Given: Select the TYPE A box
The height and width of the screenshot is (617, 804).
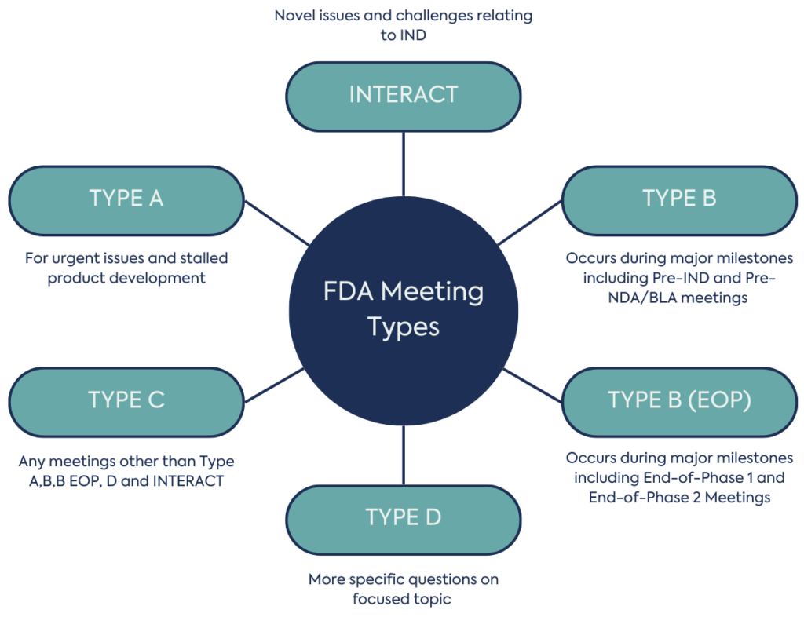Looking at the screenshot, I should coord(126,199).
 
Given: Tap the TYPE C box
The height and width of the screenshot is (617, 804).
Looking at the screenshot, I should coord(126,401).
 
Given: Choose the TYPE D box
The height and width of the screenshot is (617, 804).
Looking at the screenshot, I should coord(403,519).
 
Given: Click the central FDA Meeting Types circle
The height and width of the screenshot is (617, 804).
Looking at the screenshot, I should coord(403,310).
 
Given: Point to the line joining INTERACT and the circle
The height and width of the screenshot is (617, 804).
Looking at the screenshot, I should coord(403,163).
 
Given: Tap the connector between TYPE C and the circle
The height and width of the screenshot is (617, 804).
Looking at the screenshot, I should coord(274,384).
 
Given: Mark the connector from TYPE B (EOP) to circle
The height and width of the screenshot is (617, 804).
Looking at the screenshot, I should coord(532,384).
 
